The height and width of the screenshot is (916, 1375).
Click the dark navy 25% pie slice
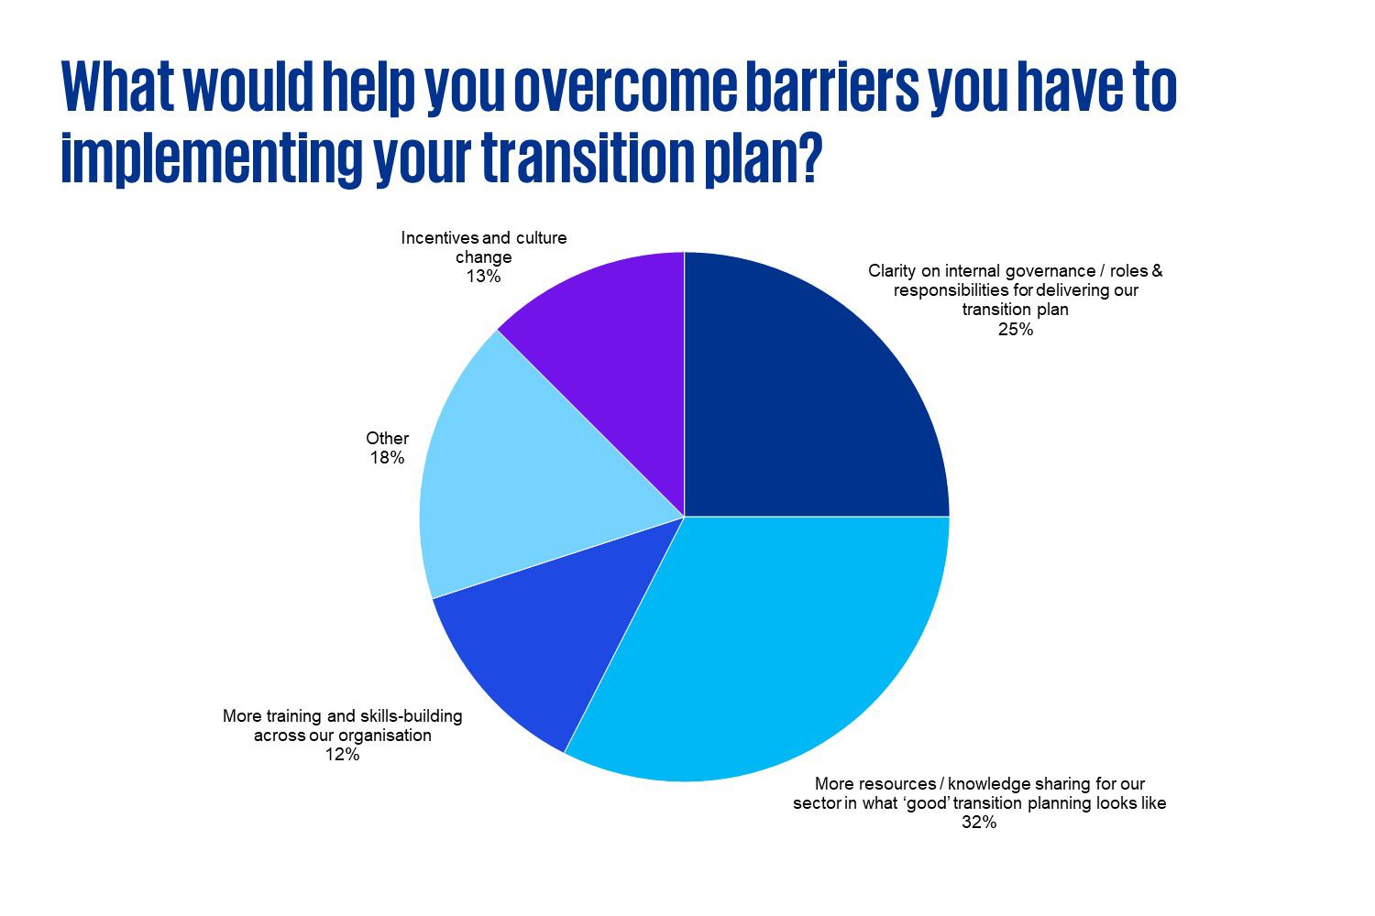(807, 394)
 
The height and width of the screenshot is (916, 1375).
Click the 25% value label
(1015, 330)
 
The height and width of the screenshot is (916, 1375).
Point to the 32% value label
(978, 823)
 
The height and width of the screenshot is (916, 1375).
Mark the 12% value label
(342, 755)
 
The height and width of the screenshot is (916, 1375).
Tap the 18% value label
(387, 458)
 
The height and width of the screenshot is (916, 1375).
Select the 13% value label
(483, 277)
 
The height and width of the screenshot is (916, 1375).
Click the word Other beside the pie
(387, 439)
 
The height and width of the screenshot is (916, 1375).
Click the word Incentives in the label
(440, 238)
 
